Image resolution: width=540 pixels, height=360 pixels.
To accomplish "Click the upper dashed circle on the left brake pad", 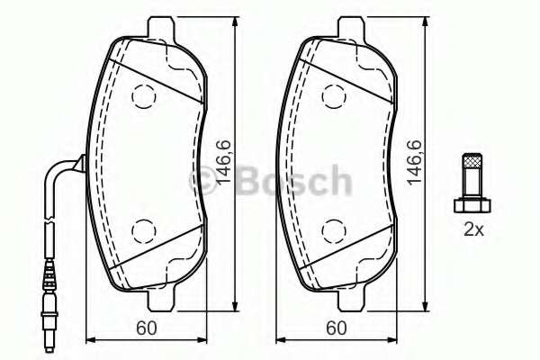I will coord(143,94).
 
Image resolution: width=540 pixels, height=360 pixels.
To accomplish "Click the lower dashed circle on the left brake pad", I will coord(143,229).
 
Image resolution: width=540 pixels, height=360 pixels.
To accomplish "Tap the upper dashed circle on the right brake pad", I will coord(336,94).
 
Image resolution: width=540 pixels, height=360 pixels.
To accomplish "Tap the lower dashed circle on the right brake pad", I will coord(336,229).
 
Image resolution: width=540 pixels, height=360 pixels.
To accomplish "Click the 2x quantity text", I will coord(473,229).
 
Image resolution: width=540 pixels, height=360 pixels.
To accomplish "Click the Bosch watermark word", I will coord(289,180).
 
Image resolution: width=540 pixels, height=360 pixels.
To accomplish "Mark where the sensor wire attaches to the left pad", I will coord(81,163).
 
